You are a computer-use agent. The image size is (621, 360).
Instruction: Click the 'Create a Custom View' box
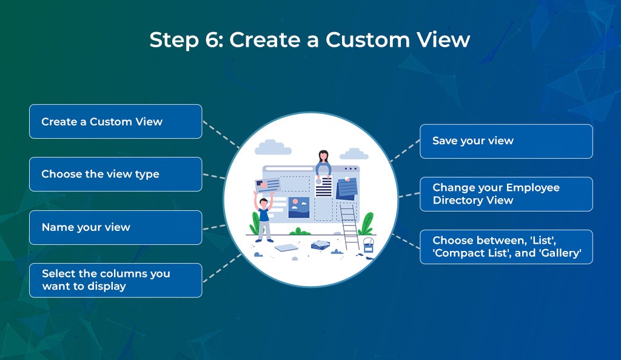pos(115,121)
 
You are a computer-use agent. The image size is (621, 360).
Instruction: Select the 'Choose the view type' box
pos(115,174)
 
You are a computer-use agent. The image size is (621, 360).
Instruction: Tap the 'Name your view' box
pos(115,227)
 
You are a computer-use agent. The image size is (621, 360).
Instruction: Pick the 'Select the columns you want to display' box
pos(115,280)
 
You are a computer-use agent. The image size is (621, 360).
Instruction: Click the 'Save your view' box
pos(506,141)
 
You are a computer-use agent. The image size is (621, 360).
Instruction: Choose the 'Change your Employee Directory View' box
pos(506,194)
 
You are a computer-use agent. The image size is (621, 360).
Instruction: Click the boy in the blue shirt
pos(264,218)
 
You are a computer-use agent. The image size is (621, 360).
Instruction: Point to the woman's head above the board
pos(323,157)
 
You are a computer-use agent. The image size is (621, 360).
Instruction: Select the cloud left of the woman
pos(273,147)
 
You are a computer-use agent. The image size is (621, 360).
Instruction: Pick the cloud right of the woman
pos(354,154)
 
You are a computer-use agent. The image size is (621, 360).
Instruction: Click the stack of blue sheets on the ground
pos(320,245)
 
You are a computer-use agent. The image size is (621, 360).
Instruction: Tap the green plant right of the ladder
pos(366,225)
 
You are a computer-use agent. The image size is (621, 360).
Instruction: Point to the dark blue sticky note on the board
pos(347,189)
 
